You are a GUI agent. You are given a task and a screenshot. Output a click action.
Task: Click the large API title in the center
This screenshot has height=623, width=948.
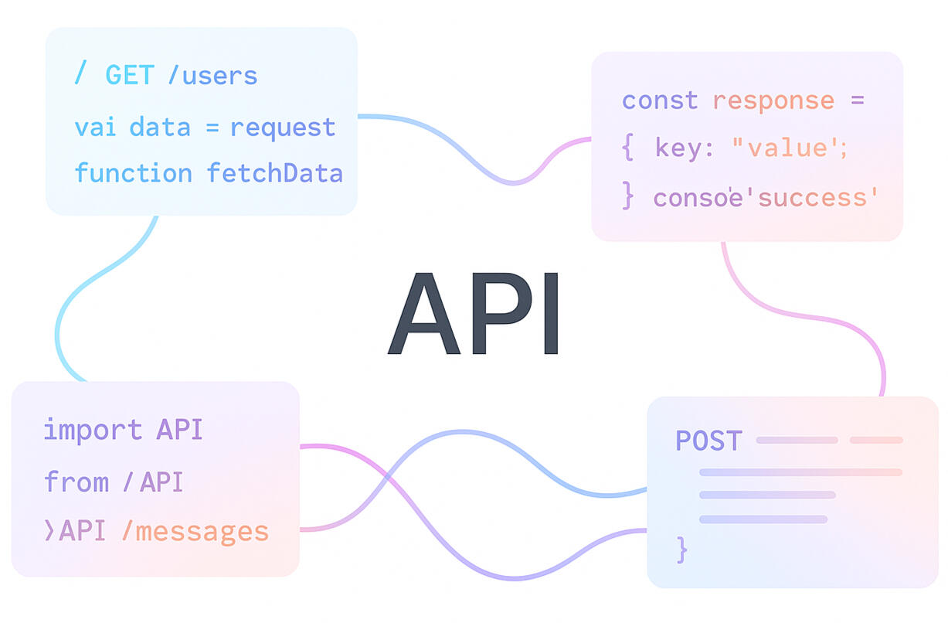[473, 313]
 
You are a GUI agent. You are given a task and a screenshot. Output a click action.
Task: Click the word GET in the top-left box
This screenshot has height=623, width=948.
[130, 76]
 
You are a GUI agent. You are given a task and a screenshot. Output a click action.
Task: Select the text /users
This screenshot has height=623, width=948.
[212, 76]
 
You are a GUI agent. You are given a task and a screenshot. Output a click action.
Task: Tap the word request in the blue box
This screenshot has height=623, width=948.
[283, 127]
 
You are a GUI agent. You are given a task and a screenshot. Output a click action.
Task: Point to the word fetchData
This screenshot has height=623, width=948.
[274, 173]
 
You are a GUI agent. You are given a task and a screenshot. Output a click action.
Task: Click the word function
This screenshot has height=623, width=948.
[133, 173]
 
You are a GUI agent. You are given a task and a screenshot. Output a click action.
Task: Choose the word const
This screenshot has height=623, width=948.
[660, 100]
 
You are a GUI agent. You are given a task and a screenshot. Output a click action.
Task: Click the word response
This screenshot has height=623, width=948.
[773, 101]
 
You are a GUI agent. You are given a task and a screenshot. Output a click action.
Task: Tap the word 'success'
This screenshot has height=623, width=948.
[818, 198]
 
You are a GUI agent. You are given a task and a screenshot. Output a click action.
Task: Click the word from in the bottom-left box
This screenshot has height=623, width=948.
[76, 482]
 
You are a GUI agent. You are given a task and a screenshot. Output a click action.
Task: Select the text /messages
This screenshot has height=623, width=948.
[195, 532]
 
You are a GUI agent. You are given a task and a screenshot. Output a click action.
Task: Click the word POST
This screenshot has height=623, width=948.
[708, 441]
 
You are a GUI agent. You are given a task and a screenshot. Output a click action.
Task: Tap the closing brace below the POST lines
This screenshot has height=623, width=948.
[681, 550]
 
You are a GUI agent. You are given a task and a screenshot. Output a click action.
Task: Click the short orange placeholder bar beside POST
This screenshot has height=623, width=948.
[876, 441]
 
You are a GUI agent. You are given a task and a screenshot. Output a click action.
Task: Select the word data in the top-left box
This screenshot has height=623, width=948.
[160, 127]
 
